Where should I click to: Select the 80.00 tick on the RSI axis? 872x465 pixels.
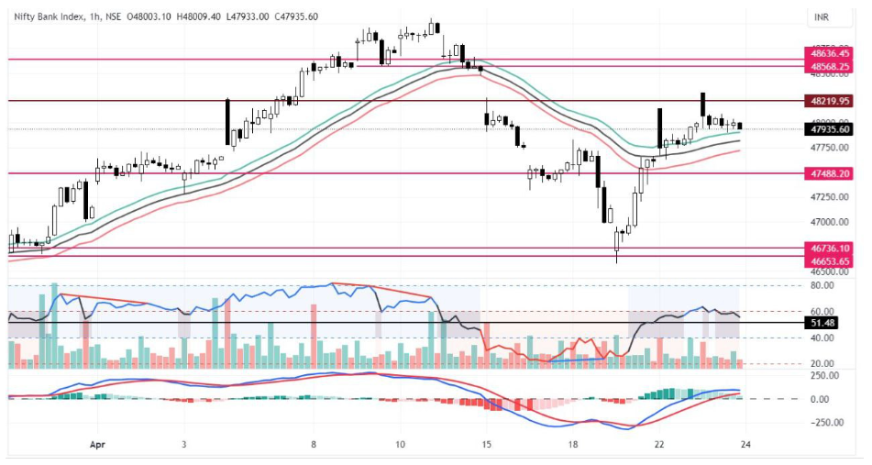click(822, 286)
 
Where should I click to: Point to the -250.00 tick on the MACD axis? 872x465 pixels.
click(826, 422)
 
